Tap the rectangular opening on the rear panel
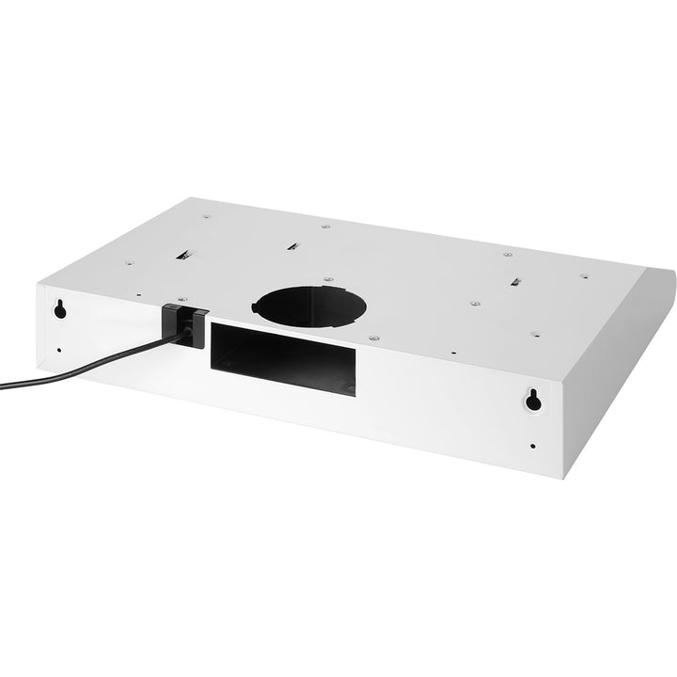pyautogui.click(x=282, y=356)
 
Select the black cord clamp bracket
pyautogui.click(x=186, y=320)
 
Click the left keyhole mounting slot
pyautogui.click(x=60, y=308)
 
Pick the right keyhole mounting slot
pyautogui.click(x=533, y=401)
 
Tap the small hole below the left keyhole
pyautogui.click(x=59, y=350)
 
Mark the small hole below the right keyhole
pyautogui.click(x=533, y=446)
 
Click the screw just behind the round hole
pyautogui.click(x=326, y=279)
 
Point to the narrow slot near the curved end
pyautogui.click(x=517, y=281)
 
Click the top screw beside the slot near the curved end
pyautogui.click(x=508, y=254)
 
